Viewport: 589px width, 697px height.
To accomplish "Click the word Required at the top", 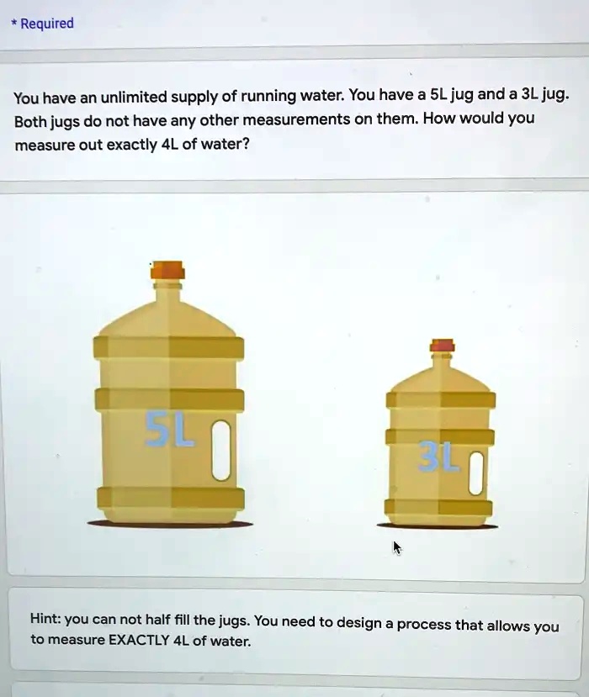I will click(47, 24).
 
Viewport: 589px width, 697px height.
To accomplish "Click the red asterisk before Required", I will click(13, 23).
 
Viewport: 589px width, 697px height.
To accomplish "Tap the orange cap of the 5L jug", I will click(168, 271).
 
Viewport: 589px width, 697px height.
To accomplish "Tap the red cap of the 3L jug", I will click(442, 346).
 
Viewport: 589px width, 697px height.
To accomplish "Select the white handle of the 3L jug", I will click(475, 473).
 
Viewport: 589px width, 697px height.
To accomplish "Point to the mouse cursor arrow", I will click(397, 547).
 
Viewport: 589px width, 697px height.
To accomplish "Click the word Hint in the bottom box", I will click(45, 620).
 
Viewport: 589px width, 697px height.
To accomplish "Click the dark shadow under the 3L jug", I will click(438, 526).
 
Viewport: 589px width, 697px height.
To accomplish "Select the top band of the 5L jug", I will click(168, 347).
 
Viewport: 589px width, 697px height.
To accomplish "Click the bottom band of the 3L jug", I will click(438, 507).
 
